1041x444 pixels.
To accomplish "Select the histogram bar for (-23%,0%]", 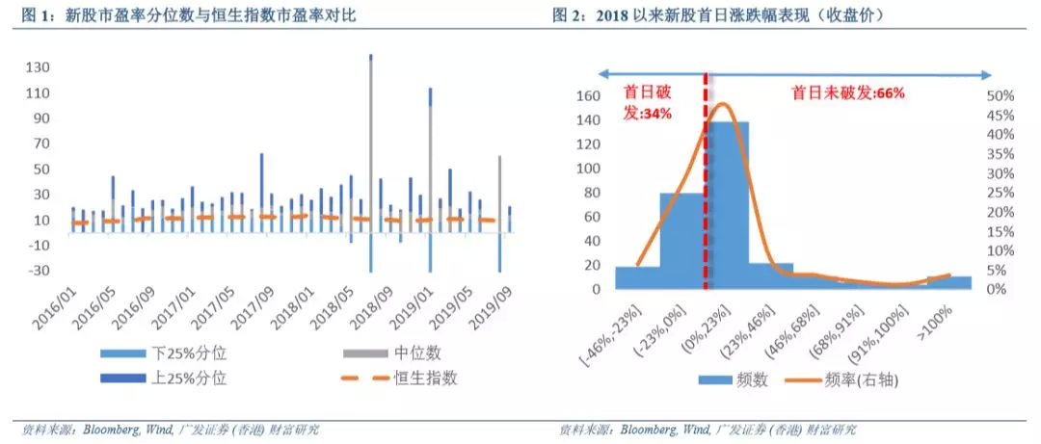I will (681, 241).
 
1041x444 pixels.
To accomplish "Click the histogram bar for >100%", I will (948, 282).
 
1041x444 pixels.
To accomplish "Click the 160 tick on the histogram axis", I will (587, 96).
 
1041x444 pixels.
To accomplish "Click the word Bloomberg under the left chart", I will (117, 429).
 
